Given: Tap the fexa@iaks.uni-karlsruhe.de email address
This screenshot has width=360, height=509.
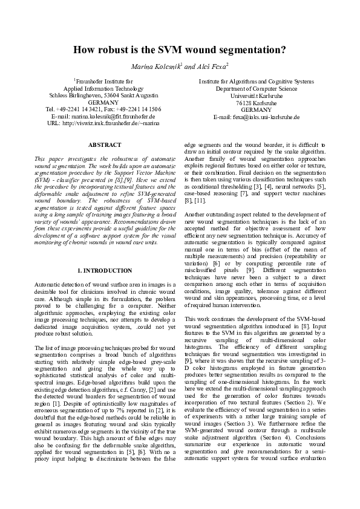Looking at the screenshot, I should coord(257,116).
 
